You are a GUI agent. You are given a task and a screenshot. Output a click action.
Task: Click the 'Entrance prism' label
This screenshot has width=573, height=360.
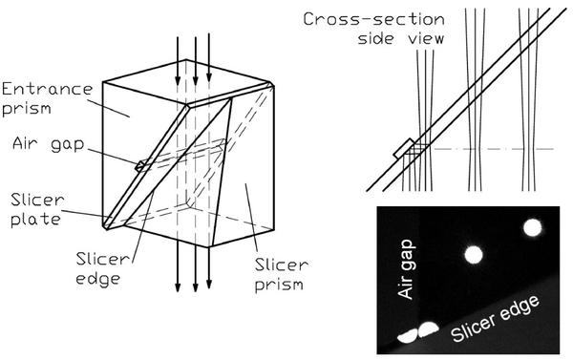point(48,99)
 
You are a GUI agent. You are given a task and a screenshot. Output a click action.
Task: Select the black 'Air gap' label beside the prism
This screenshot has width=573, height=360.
point(49,144)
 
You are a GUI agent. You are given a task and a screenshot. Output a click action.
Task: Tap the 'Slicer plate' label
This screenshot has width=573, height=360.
point(37,209)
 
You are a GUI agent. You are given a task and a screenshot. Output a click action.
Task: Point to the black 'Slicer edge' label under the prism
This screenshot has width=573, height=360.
point(103,268)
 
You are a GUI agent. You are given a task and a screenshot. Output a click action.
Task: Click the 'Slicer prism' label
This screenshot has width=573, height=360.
point(282,274)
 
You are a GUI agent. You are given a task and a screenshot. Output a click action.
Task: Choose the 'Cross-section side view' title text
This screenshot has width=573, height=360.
point(373,29)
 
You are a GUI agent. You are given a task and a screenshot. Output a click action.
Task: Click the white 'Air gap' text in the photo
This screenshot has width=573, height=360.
point(407,269)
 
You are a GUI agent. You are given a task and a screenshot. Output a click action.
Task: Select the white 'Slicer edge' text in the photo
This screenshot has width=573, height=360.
point(495,318)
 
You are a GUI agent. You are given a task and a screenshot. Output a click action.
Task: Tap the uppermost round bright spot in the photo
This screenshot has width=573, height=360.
point(533,227)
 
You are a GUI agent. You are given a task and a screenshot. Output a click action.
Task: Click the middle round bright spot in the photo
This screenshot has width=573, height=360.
point(474,255)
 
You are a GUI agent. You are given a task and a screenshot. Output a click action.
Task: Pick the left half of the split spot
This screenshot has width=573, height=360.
point(408,336)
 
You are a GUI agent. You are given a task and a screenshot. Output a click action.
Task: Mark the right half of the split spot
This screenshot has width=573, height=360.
point(428,329)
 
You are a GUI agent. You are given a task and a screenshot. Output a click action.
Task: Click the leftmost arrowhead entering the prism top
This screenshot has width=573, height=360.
point(178,79)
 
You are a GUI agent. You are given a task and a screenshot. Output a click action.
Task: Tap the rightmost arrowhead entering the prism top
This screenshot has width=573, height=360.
point(209,76)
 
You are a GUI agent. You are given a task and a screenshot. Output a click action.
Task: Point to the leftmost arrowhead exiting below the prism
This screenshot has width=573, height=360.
point(178,286)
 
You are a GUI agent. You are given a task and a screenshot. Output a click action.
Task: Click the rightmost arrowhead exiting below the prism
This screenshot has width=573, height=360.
point(209,284)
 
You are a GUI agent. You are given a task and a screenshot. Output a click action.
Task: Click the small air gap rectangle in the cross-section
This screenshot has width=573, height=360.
point(404,148)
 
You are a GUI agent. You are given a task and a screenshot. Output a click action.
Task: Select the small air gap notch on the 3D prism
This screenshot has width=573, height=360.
point(139,166)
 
